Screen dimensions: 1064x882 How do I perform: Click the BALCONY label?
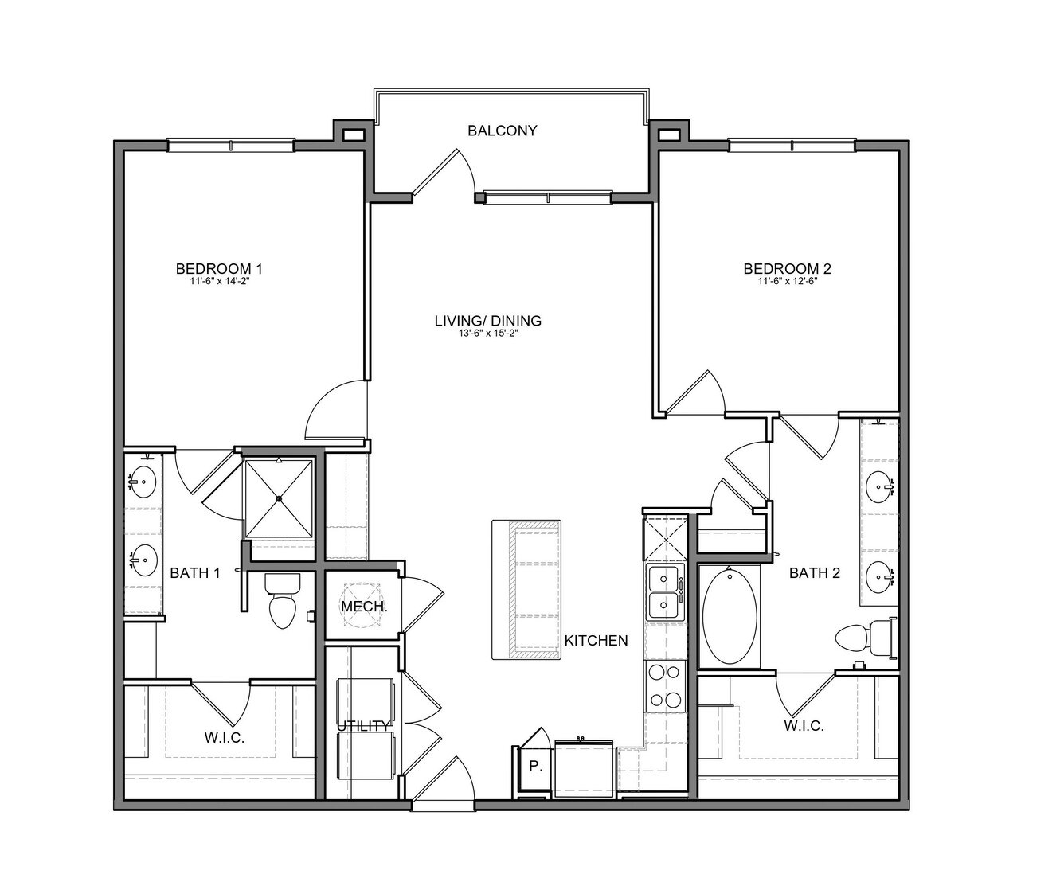tap(502, 131)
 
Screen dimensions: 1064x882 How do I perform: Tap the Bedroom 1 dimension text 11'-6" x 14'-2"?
tap(220, 281)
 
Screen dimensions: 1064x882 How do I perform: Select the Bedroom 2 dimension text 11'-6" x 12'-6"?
tap(788, 281)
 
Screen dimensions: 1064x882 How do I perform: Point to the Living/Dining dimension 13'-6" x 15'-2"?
tap(488, 334)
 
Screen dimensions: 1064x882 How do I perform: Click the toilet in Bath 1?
tap(282, 601)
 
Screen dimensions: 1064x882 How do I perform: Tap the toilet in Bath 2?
tap(865, 638)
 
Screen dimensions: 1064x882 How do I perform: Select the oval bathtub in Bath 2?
tap(730, 616)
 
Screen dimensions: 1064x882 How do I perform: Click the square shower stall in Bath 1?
tap(278, 498)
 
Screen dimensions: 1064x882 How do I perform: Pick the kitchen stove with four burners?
tap(666, 685)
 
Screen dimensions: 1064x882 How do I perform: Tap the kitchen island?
tap(526, 590)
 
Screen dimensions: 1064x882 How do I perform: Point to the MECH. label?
tap(364, 607)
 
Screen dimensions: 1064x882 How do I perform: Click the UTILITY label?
tap(363, 725)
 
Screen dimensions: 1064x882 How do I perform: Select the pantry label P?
tap(535, 766)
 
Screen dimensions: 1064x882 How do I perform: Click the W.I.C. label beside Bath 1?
tap(225, 737)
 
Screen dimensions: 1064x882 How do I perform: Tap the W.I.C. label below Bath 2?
tap(804, 726)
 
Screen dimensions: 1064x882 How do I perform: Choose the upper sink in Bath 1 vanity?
tap(143, 482)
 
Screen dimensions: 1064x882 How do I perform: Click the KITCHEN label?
tap(597, 641)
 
